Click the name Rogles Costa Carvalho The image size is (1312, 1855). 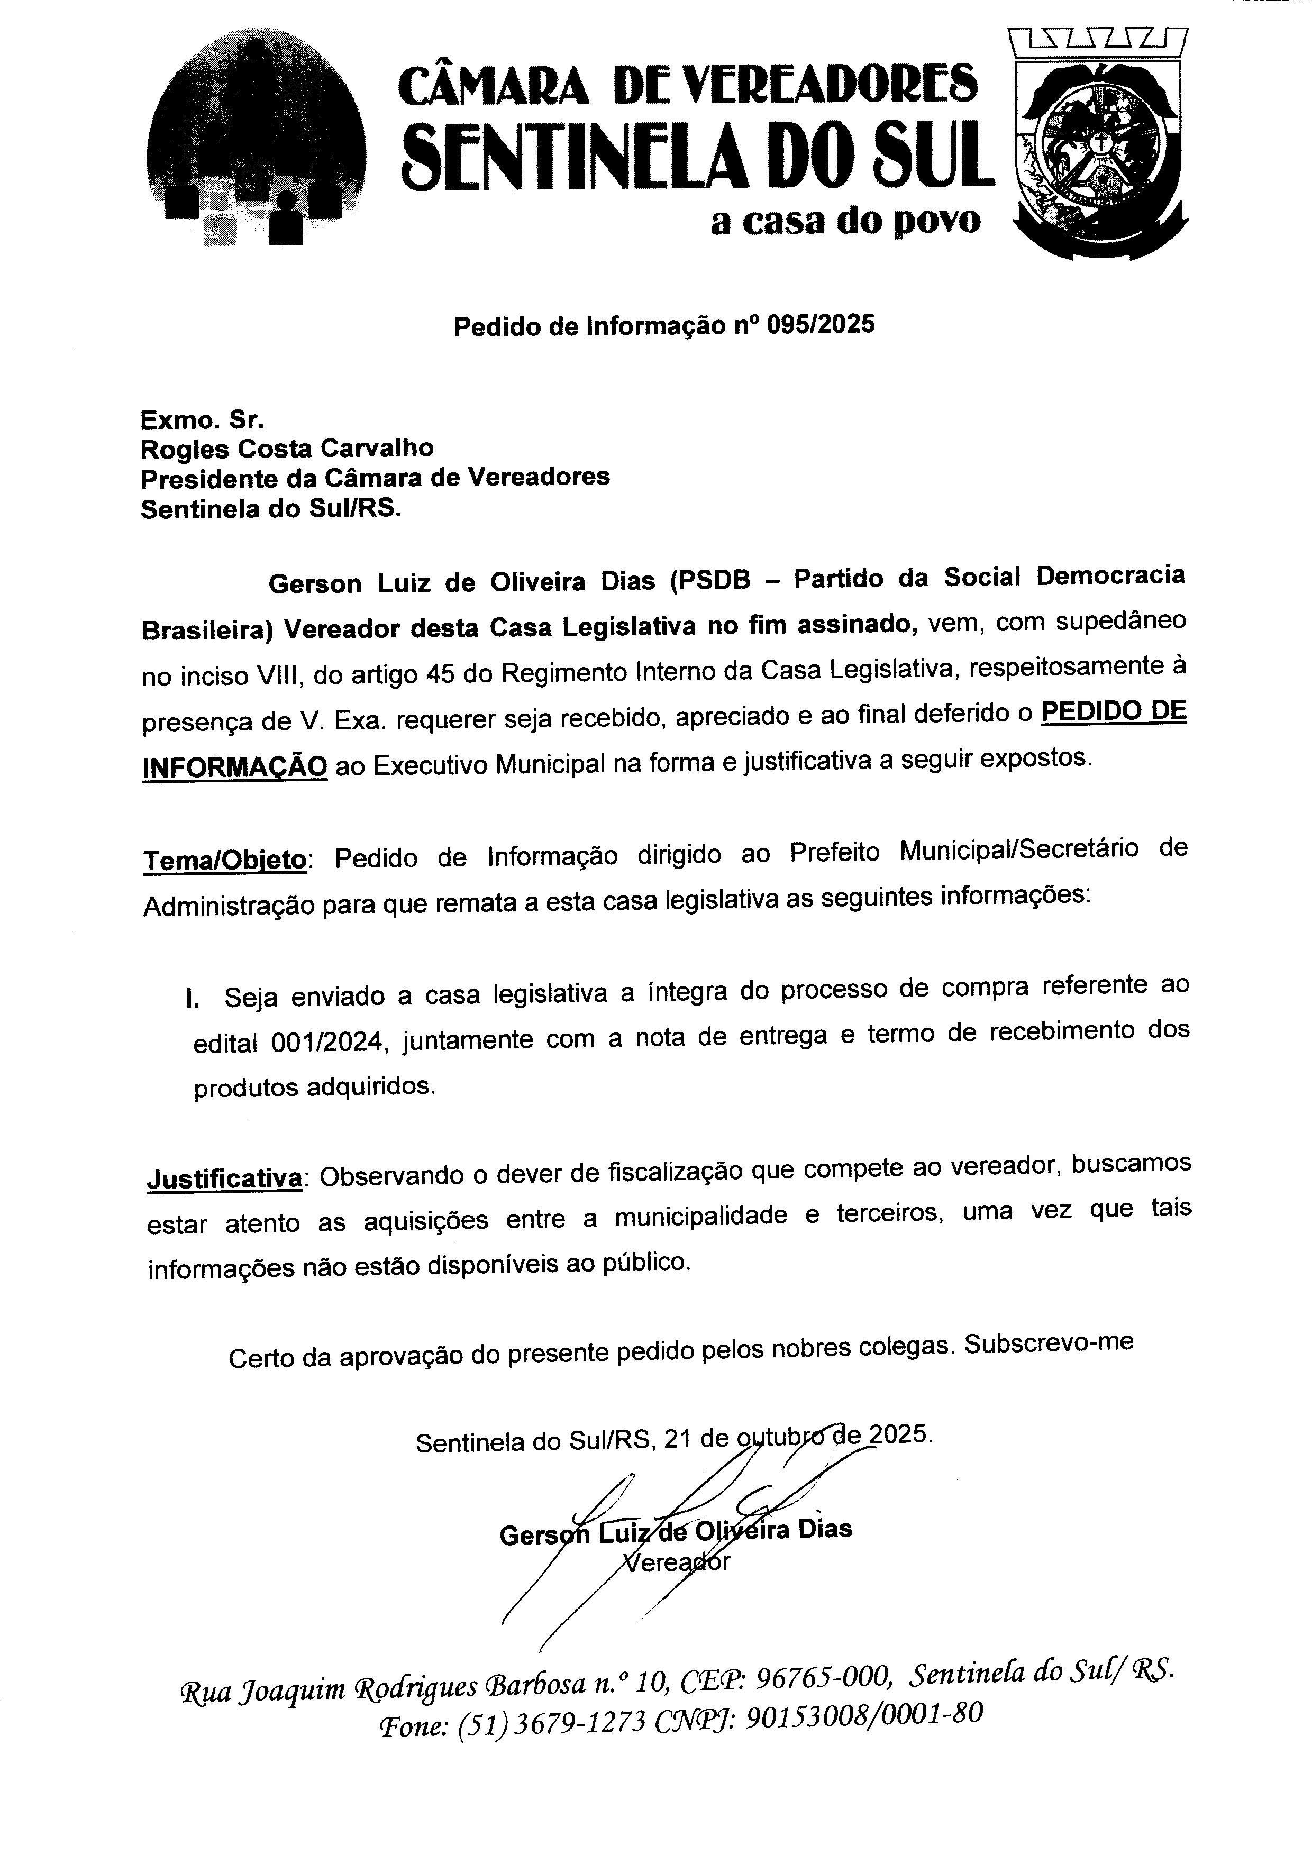[x=287, y=447]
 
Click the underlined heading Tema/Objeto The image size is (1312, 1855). [x=225, y=860]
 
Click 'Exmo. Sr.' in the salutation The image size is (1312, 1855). [x=202, y=419]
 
